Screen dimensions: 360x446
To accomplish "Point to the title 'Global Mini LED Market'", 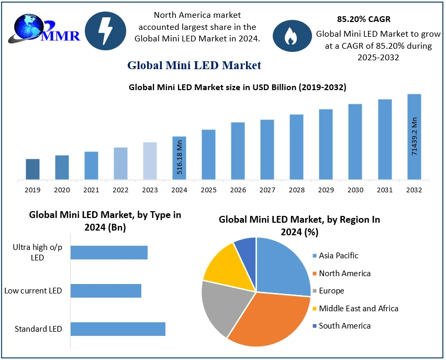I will pos(194,66).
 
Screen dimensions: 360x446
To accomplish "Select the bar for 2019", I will pos(32,169).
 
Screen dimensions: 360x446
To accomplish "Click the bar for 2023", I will pos(150,161).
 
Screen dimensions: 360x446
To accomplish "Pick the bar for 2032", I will pos(414,137).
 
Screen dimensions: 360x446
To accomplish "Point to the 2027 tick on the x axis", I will pos(267,190).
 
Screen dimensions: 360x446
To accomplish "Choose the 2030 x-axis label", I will pos(355,190).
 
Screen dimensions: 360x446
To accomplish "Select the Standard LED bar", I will pos(118,329).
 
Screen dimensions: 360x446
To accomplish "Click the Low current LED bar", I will pos(106,291).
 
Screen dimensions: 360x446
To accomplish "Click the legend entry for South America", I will pos(344,326).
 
